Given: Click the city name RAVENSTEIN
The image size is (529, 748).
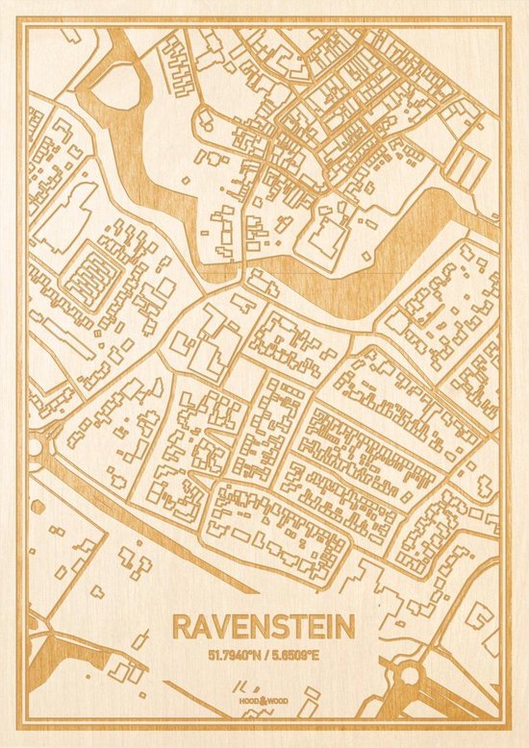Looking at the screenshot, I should tap(263, 627).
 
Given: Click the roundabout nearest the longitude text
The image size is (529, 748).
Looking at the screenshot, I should tap(411, 676).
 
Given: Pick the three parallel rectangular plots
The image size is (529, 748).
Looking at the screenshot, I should tap(466, 166).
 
